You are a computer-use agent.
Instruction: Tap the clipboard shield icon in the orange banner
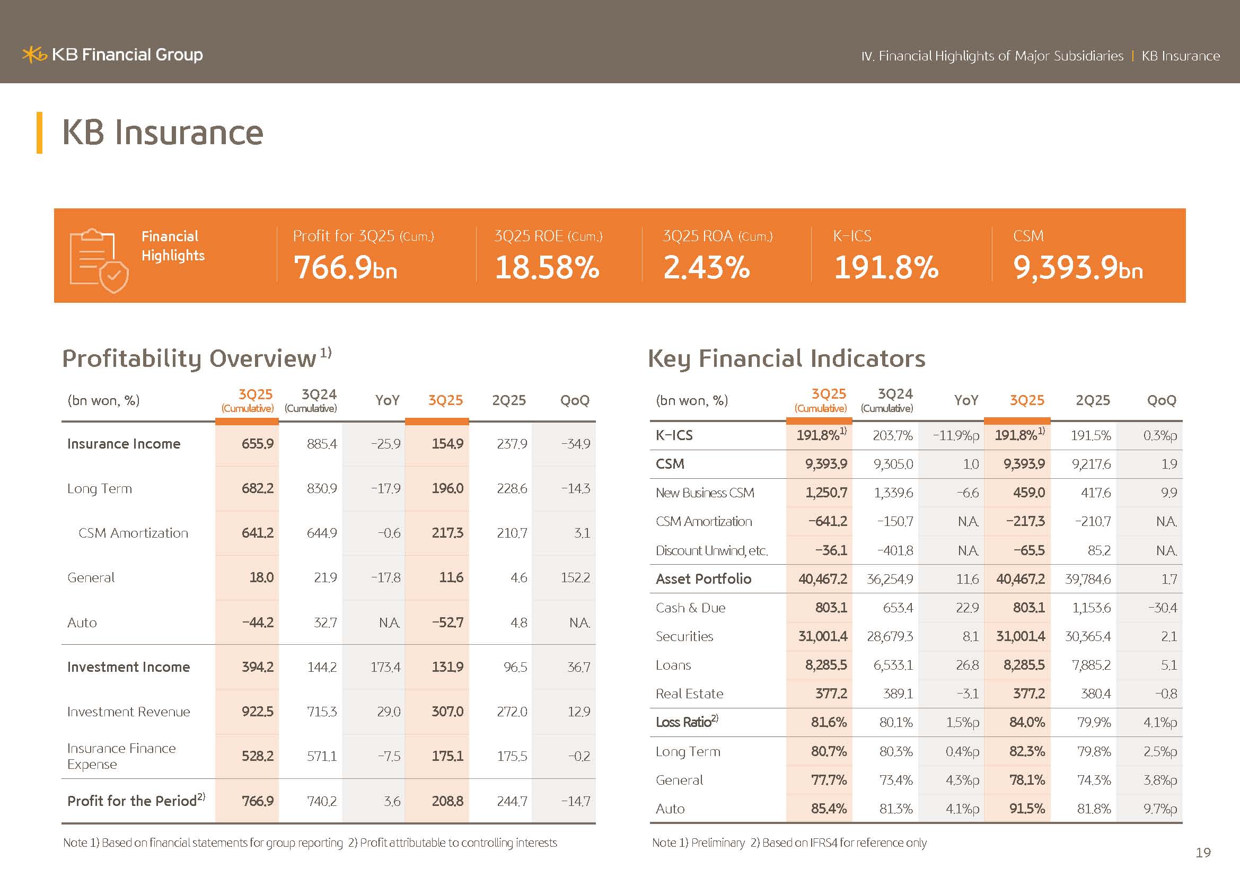pos(99,260)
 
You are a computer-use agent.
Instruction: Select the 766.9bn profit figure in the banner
pos(345,267)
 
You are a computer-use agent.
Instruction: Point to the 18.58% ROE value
pos(547,267)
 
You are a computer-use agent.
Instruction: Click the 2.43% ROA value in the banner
pos(706,267)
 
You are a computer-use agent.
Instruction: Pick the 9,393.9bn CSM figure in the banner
pos(1077,267)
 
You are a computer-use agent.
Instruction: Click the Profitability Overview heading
pos(190,358)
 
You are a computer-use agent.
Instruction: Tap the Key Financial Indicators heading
pos(786,358)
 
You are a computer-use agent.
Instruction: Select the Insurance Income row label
pos(124,444)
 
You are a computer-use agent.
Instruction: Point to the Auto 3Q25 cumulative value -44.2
pos(258,622)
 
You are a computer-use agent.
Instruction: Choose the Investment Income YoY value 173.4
pos(385,668)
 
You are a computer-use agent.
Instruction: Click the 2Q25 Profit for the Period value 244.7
pos(512,801)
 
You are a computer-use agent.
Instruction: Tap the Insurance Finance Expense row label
pos(121,756)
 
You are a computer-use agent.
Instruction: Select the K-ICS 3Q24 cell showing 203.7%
pos(892,435)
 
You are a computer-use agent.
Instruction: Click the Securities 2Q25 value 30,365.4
pos(1088,637)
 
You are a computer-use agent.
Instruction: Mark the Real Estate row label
pos(689,694)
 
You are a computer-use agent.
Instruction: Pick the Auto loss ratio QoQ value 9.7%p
pos(1159,809)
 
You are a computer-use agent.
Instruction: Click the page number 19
pos(1203,853)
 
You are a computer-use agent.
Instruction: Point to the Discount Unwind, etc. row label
pos(711,551)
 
